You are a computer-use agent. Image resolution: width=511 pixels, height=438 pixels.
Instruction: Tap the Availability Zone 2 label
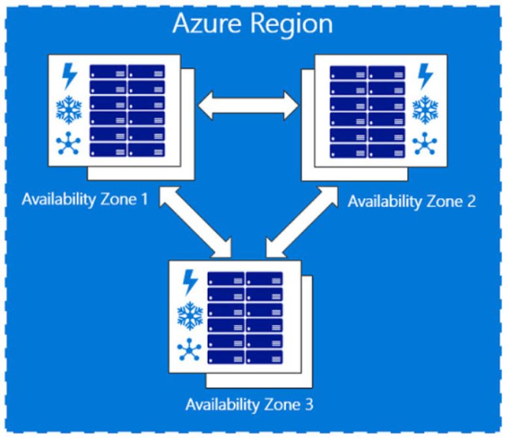pyautogui.click(x=412, y=201)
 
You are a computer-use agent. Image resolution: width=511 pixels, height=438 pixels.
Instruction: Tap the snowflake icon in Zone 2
pyautogui.click(x=425, y=109)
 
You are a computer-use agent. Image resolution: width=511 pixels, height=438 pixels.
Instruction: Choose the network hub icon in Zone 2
pyautogui.click(x=425, y=143)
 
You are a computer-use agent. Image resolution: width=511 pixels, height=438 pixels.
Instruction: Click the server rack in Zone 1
pyautogui.click(x=127, y=110)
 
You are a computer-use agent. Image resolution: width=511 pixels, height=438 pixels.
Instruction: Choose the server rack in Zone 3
pyautogui.click(x=245, y=318)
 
